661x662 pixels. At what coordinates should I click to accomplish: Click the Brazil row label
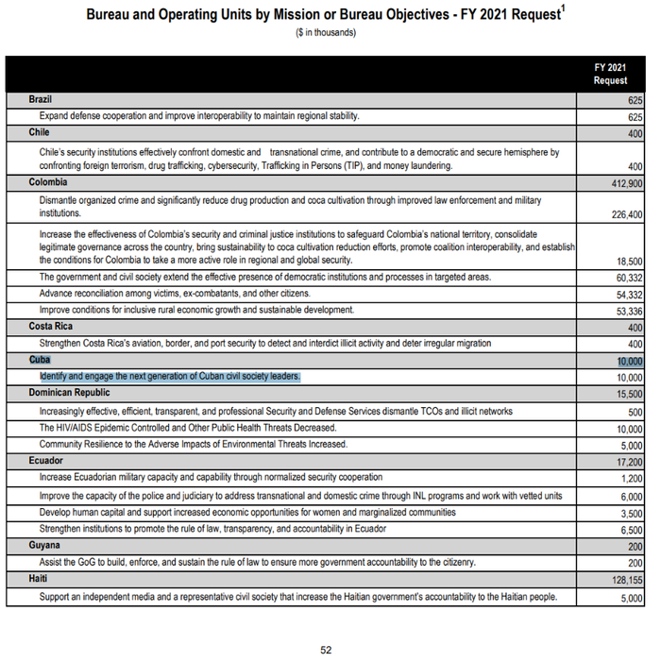pyautogui.click(x=42, y=99)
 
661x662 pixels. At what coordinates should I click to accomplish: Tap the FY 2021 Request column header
pyautogui.click(x=610, y=74)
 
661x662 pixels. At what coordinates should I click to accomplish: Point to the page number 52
pyautogui.click(x=326, y=650)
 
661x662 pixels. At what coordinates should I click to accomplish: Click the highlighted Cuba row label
pyautogui.click(x=40, y=361)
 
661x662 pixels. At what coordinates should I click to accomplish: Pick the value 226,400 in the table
pyautogui.click(x=622, y=213)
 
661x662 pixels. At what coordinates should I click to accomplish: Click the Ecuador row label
pyautogui.click(x=48, y=462)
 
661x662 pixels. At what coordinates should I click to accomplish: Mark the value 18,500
pyautogui.click(x=628, y=261)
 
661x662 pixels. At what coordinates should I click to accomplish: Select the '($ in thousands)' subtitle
pyautogui.click(x=327, y=33)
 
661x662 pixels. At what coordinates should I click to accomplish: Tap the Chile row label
pyautogui.click(x=40, y=133)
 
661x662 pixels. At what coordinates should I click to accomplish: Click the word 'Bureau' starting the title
pyautogui.click(x=113, y=16)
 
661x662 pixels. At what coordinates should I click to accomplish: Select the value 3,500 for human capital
pyautogui.click(x=630, y=513)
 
